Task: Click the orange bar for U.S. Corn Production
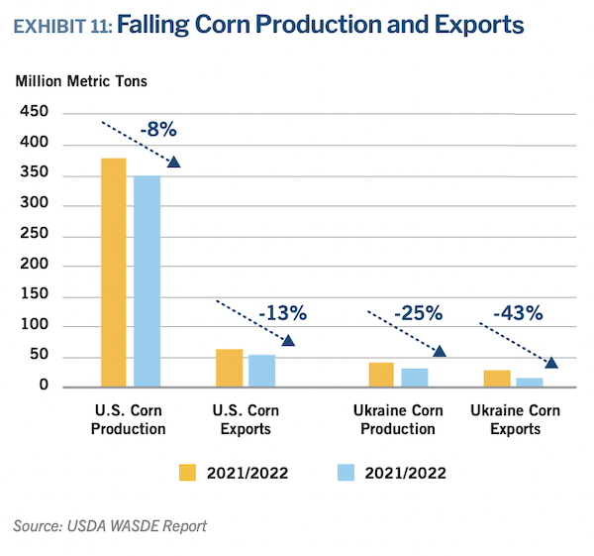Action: pos(114,273)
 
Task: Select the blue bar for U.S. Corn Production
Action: pos(148,280)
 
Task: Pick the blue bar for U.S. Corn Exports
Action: pos(262,371)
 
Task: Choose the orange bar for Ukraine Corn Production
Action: pos(381,375)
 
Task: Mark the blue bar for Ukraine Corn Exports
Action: pos(530,382)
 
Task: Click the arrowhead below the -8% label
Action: pos(174,163)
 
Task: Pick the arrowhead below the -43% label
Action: pos(551,362)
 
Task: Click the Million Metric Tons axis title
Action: pos(82,80)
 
